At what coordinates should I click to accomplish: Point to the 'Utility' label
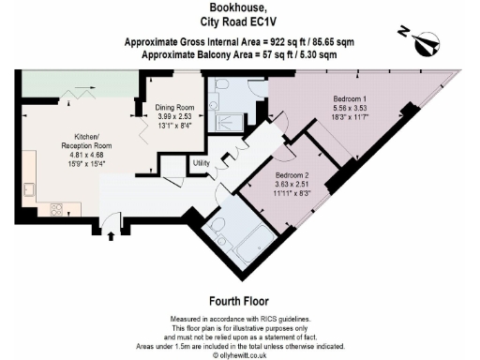point(201,163)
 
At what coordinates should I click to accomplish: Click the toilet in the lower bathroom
point(217,226)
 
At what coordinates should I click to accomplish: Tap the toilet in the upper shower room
point(218,85)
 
